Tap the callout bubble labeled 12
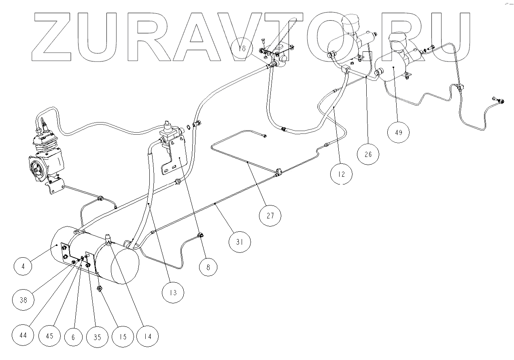pos(341,174)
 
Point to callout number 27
pos(270,216)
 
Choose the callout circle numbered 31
pos(240,242)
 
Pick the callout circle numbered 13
pos(173,292)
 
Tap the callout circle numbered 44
pos(23,335)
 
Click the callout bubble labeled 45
pos(50,335)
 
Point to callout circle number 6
pos(73,335)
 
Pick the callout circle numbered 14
pos(147,335)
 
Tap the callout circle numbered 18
pos(242,49)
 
